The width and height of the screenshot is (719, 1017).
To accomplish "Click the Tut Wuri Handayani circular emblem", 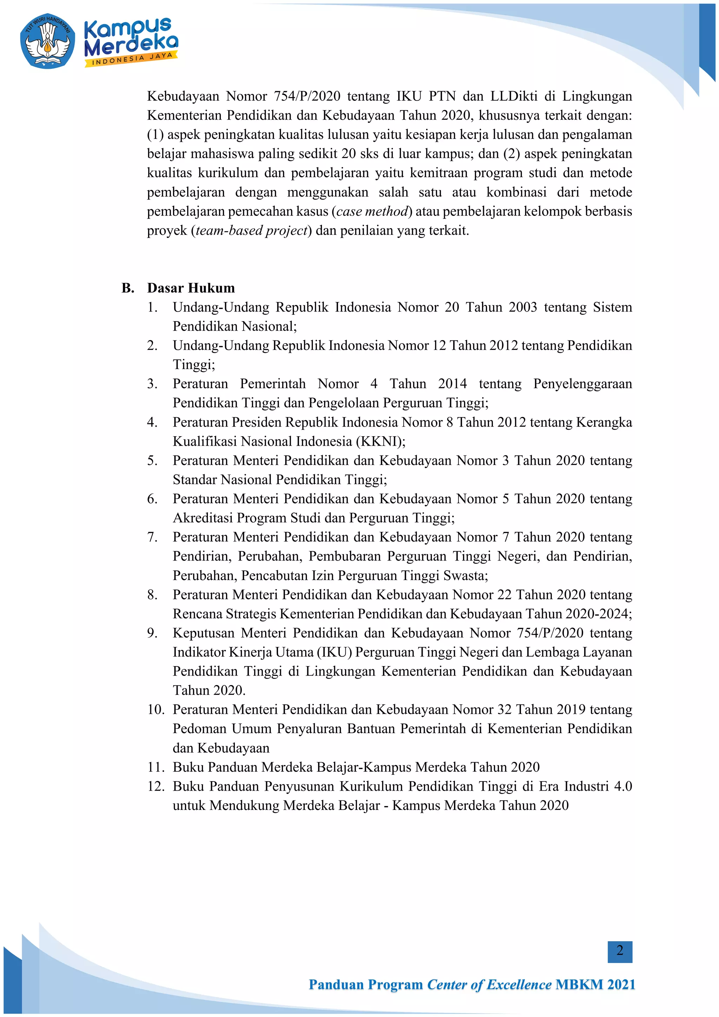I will [x=48, y=41].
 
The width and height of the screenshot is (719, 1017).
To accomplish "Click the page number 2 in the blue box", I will [x=619, y=950].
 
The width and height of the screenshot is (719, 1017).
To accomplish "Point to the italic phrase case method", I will [x=372, y=211].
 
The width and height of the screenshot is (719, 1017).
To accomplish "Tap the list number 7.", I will [x=152, y=537].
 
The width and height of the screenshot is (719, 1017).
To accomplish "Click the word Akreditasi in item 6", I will [x=203, y=518].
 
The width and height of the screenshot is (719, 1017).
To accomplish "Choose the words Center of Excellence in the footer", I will [x=489, y=985].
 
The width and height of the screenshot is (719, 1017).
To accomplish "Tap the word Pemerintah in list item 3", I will [x=272, y=384].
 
